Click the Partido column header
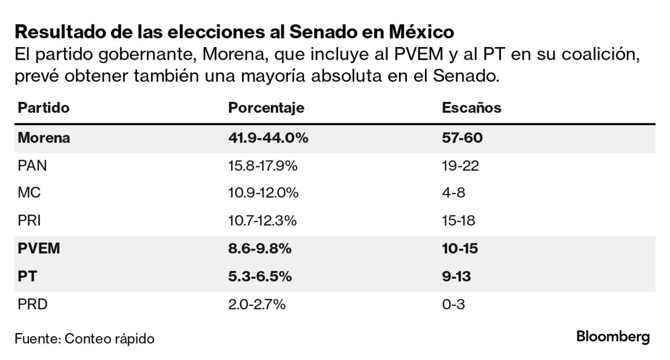click(43, 108)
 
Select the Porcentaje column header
click(266, 108)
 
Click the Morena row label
click(44, 138)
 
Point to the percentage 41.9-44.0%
click(268, 138)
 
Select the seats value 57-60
click(463, 138)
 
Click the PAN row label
click(32, 166)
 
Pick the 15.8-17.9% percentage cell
click(263, 166)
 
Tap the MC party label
click(29, 193)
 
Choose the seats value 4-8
click(454, 193)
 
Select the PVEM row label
click(39, 249)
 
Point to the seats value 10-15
click(460, 249)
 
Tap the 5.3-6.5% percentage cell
click(260, 276)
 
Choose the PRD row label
click(32, 304)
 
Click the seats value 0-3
click(454, 304)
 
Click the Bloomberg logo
click(613, 337)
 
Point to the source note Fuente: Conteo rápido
click(85, 339)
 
